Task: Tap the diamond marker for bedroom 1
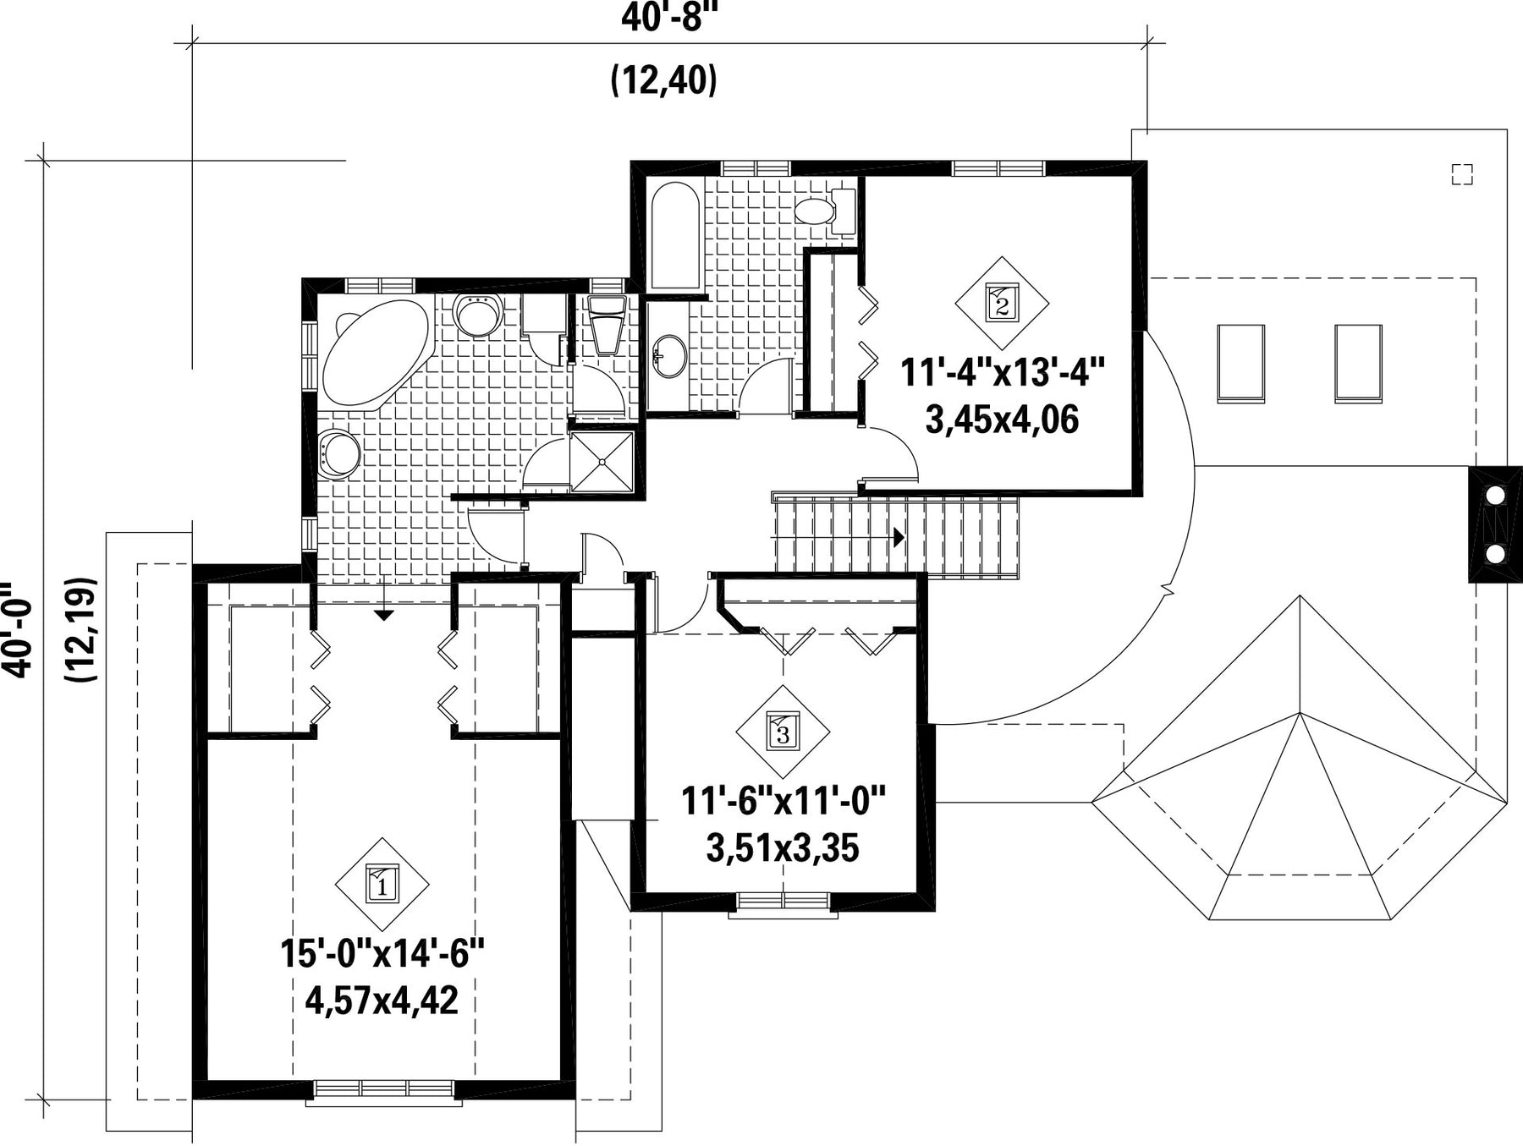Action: [x=382, y=885]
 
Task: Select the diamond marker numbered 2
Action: [x=1003, y=303]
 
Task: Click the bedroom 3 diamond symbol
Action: [x=783, y=732]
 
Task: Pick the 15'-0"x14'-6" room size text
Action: [x=382, y=955]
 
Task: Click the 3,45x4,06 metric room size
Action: [x=1003, y=419]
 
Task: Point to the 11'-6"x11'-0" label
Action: [x=783, y=800]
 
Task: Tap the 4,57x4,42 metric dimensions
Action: [x=382, y=1001]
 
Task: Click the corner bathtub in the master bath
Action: [x=377, y=352]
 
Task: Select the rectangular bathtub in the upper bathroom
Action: [x=674, y=238]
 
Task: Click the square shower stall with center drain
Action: [x=602, y=461]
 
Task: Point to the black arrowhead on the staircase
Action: [x=899, y=537]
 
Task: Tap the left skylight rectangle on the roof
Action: [x=1240, y=362]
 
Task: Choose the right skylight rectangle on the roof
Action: [x=1358, y=362]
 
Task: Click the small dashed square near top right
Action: [x=1462, y=173]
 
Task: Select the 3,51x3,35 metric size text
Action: [x=783, y=847]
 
